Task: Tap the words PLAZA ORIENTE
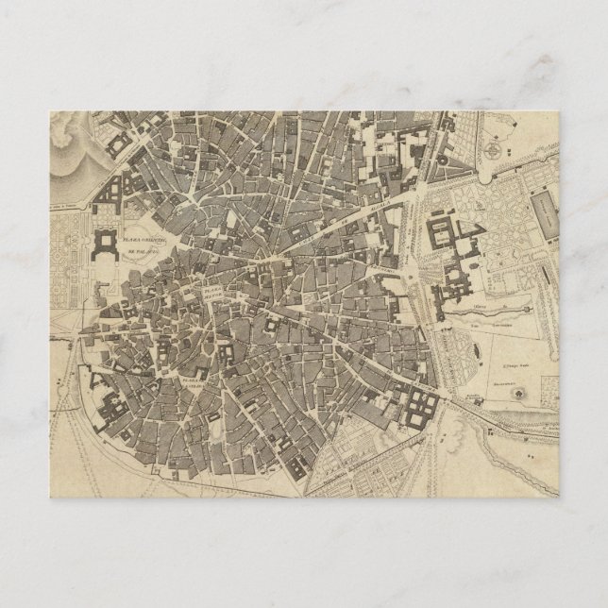[x=143, y=242]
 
